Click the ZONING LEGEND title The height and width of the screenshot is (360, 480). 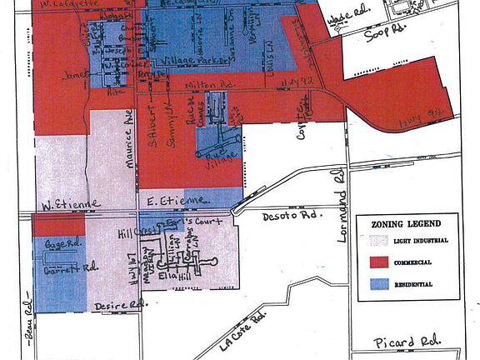coord(407,223)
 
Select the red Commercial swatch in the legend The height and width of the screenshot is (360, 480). coord(379,262)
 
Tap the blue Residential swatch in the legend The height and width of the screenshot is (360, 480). coord(379,284)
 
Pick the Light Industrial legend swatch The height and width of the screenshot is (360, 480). coord(379,241)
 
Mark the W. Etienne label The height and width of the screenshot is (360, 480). coord(65,202)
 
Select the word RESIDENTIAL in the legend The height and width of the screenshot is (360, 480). coord(414,284)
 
